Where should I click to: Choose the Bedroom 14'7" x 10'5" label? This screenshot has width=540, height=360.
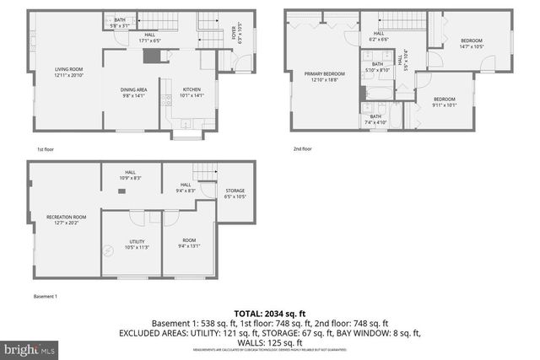(471, 44)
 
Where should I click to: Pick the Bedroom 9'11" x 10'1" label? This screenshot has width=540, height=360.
(444, 102)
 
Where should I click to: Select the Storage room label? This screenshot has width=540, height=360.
(235, 193)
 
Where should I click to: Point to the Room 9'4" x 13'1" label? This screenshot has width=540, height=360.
(189, 243)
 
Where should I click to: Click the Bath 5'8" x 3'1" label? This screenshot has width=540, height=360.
(120, 22)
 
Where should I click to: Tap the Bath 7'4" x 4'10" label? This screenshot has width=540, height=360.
(374, 120)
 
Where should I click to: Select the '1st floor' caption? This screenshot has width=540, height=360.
(46, 148)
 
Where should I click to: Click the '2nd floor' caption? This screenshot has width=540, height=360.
(302, 148)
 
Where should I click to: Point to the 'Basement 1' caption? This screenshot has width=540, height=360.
(45, 297)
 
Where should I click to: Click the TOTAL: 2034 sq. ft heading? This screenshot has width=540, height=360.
(269, 312)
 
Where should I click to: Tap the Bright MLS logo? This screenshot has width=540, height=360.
(29, 347)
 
